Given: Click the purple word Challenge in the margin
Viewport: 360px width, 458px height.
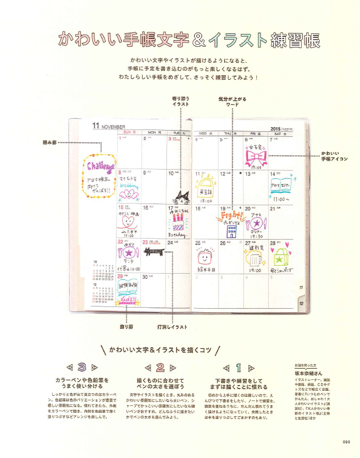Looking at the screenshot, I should coord(99,167).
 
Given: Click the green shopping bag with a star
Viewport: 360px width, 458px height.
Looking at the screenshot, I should coord(279,258).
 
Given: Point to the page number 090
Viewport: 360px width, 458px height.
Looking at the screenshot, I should coord(347,442).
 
